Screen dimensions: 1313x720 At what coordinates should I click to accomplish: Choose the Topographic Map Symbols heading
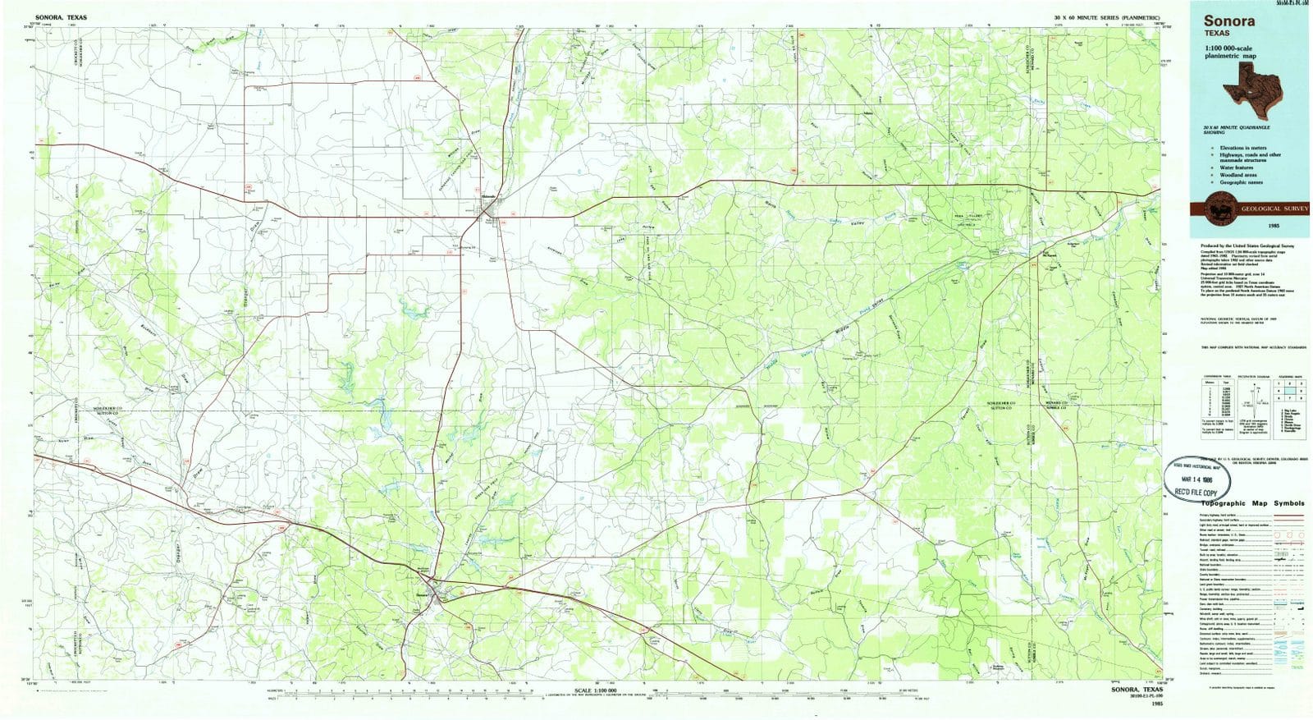click(x=1252, y=503)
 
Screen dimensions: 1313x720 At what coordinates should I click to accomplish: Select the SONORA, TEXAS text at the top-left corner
click(x=61, y=16)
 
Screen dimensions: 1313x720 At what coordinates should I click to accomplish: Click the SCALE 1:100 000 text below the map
click(x=602, y=690)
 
